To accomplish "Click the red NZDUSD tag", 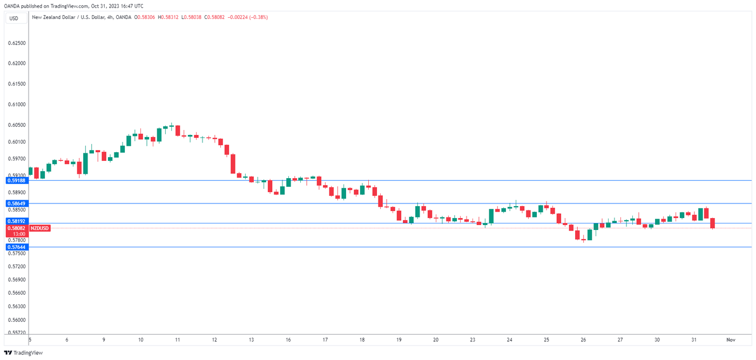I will click(x=39, y=228).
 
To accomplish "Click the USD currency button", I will click(x=13, y=18).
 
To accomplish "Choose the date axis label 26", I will click(x=583, y=340).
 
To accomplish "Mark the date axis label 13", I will click(x=252, y=340).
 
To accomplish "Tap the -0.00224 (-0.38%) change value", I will click(x=248, y=17).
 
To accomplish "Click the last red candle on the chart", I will click(x=713, y=223).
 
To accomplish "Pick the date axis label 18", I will click(x=362, y=340).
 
